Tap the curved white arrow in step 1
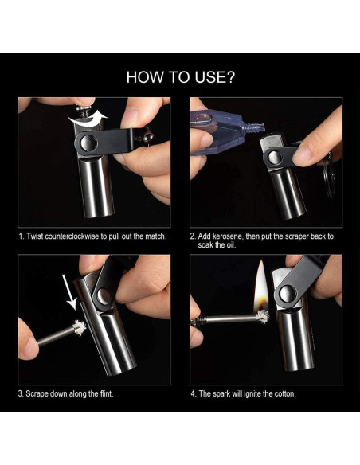(x=88, y=119)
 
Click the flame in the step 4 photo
(x=261, y=286)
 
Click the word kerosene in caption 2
(x=228, y=236)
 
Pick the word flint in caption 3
(x=106, y=393)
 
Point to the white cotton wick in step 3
(x=79, y=328)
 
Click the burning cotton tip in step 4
(x=262, y=317)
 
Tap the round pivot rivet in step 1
(x=88, y=143)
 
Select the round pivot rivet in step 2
(x=275, y=157)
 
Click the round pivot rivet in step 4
(x=288, y=294)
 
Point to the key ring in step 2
(x=329, y=178)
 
